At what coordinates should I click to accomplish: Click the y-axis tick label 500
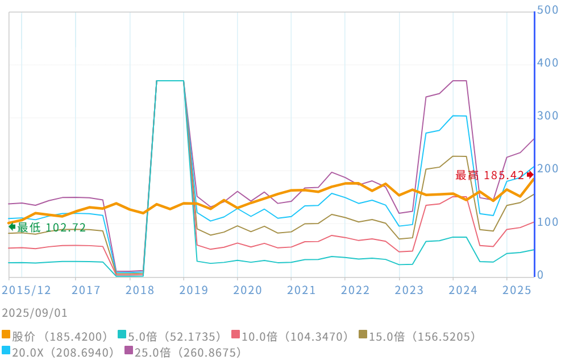(548, 10)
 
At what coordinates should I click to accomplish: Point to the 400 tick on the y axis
(548, 63)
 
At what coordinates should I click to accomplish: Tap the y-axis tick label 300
(548, 116)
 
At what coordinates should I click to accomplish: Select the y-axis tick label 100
(548, 222)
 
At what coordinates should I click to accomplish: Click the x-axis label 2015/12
(26, 290)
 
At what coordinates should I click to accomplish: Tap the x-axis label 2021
(301, 290)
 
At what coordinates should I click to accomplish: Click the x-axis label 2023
(409, 290)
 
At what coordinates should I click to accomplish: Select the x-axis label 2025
(517, 290)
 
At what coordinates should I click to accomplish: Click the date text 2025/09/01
(35, 313)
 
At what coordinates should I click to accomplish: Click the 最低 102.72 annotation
(51, 227)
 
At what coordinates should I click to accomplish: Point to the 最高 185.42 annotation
(490, 175)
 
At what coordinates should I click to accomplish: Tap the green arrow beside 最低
(11, 226)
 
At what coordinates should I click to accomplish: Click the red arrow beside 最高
(530, 175)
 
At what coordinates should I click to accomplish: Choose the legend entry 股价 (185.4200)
(55, 337)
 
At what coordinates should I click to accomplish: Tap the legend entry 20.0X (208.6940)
(59, 352)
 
